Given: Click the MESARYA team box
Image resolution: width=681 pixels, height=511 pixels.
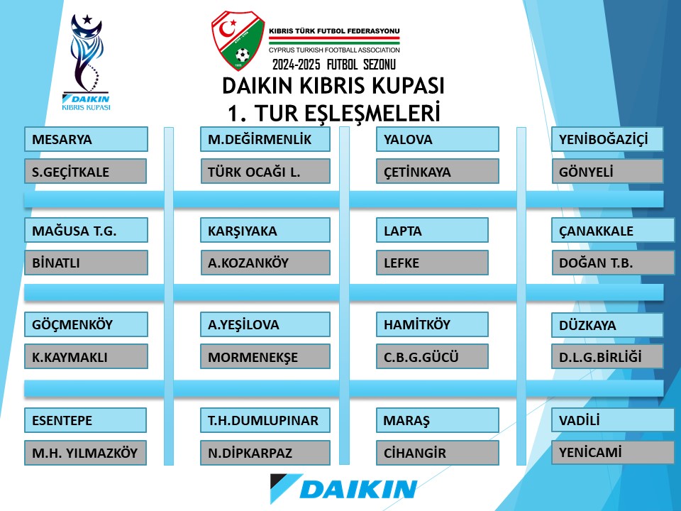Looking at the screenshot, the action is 86,139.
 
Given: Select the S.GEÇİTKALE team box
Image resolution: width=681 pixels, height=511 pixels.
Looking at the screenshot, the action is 86,171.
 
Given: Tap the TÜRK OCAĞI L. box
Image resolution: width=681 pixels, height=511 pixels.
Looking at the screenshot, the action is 265,171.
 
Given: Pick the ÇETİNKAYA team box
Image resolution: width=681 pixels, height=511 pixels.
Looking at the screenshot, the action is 438,171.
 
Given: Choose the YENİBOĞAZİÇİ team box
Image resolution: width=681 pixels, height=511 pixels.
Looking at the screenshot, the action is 607,139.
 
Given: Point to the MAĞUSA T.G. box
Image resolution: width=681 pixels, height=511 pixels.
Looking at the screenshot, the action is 86,230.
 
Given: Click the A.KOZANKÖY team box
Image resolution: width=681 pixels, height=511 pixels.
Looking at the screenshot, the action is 265,263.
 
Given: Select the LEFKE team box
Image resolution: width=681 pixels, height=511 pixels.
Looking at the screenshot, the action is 432,263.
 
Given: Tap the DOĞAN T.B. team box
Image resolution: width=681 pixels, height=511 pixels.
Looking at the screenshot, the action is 613,263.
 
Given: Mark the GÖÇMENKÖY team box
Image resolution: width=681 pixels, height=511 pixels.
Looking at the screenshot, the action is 86,324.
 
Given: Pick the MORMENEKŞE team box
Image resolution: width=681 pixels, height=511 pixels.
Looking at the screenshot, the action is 265,356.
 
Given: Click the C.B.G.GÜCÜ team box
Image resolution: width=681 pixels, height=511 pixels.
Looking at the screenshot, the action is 432,356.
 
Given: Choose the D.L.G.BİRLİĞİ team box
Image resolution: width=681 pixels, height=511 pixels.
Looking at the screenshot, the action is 607,356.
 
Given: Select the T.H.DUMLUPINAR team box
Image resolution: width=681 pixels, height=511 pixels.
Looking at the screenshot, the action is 265,420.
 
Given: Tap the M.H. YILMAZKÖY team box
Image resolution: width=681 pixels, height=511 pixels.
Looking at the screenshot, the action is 86,453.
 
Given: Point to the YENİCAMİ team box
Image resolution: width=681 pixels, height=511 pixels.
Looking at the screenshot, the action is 613,452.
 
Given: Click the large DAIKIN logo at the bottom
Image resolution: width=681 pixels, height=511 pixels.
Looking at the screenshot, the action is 343,488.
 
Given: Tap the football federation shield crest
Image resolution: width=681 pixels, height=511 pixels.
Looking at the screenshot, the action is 238,40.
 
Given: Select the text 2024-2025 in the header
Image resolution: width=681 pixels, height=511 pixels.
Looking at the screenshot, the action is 297,65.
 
